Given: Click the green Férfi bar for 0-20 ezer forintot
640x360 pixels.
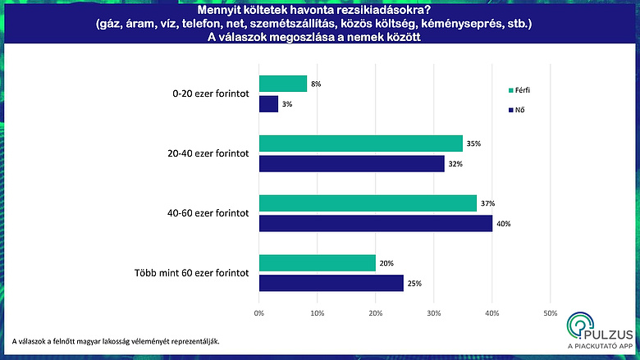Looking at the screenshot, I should pyautogui.click(x=283, y=83).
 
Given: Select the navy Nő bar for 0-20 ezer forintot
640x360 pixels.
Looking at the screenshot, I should pyautogui.click(x=269, y=104).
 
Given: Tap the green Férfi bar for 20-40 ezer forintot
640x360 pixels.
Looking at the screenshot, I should pyautogui.click(x=361, y=143).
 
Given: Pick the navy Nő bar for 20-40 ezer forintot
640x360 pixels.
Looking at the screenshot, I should pyautogui.click(x=352, y=163).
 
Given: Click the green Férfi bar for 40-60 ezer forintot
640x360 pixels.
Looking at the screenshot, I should pyautogui.click(x=368, y=203).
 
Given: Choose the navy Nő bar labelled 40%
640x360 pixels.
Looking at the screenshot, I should pyautogui.click(x=376, y=223).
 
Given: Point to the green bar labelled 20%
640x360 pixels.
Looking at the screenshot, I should pyautogui.click(x=318, y=262).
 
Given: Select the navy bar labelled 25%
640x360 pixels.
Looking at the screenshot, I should pyautogui.click(x=331, y=283).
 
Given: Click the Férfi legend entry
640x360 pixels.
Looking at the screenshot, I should pyautogui.click(x=523, y=90).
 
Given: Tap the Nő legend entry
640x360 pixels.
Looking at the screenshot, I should pyautogui.click(x=519, y=110).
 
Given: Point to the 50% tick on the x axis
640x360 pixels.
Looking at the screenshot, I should pyautogui.click(x=550, y=313).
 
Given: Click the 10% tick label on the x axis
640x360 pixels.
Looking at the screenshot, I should pyautogui.click(x=318, y=313).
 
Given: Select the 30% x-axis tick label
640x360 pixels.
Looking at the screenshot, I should pyautogui.click(x=434, y=313).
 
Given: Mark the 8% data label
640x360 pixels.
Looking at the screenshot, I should pyautogui.click(x=315, y=83).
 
